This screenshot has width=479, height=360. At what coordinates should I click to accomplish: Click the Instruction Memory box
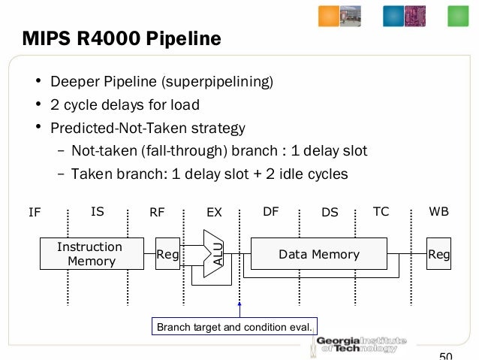[x=91, y=254]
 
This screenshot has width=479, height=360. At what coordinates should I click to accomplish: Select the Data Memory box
[x=319, y=254]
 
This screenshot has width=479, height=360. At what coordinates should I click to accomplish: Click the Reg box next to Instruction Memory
[x=167, y=254]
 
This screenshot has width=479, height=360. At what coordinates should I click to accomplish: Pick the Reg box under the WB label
[x=438, y=254]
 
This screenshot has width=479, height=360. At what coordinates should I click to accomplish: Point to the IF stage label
[x=35, y=213]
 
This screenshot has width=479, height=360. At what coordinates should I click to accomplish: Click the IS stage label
[x=98, y=212]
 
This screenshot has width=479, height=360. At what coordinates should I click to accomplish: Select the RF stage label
[x=157, y=213]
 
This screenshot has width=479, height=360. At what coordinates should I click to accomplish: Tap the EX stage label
[x=215, y=213]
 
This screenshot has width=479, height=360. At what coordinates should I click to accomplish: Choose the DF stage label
[x=271, y=212]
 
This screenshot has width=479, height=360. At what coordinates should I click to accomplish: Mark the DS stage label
[x=330, y=213]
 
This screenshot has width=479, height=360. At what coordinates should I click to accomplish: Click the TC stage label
[x=381, y=212]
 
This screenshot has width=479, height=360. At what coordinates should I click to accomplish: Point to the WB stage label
[x=439, y=212]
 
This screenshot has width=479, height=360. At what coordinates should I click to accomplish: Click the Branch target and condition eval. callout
[x=235, y=327]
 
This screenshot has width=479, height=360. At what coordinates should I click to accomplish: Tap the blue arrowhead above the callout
[x=239, y=304]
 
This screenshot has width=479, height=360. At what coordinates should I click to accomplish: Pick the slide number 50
[x=446, y=355]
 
